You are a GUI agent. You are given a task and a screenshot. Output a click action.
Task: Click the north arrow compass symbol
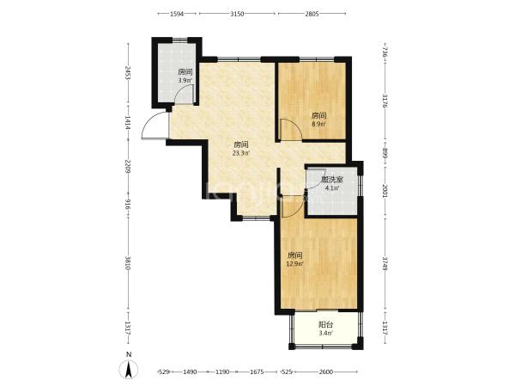[x=129, y=369]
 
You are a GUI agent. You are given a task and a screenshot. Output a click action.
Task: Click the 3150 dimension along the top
[x=237, y=14]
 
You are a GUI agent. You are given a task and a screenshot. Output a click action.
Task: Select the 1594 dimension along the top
[x=177, y=14]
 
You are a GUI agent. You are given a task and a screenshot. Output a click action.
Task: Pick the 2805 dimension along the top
[x=312, y=14]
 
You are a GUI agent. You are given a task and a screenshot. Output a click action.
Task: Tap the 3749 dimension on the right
[x=385, y=263]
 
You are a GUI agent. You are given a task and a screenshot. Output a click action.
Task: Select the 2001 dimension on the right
[x=385, y=191]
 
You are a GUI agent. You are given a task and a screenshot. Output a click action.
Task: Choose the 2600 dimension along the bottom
[x=326, y=372]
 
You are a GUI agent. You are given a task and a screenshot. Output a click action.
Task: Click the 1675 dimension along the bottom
[x=257, y=372]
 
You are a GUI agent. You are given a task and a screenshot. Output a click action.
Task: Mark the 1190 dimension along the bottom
[x=222, y=372]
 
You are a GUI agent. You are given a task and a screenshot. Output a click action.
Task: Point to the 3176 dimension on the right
[x=385, y=101]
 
